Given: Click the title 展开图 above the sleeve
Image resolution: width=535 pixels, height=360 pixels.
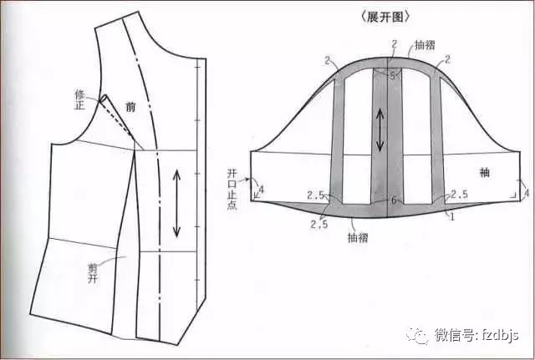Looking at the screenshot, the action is click(385, 17).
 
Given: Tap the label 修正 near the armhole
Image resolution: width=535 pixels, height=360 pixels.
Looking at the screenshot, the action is click(79, 99).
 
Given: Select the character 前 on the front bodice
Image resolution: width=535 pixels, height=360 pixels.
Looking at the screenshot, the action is click(130, 107).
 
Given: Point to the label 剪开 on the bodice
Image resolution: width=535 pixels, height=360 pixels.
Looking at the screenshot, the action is click(93, 273).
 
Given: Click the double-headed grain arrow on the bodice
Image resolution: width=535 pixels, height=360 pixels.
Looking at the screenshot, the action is click(176, 204).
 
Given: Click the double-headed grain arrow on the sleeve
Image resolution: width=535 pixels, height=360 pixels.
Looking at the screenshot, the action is click(380, 130).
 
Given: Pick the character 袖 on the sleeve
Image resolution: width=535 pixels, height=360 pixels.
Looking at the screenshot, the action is click(485, 172).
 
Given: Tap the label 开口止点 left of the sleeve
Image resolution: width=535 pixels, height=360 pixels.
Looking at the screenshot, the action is click(232, 190).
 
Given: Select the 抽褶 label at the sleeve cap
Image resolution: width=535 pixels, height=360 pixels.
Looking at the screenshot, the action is click(425, 45).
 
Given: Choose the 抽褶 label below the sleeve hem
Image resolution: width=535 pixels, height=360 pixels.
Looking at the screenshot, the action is click(358, 237).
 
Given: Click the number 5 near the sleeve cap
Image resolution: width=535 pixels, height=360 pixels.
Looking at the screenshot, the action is click(392, 76).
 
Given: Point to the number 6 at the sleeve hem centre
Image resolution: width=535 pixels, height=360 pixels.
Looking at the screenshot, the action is click(394, 200).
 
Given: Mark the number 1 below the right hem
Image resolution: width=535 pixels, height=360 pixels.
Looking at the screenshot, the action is click(452, 217).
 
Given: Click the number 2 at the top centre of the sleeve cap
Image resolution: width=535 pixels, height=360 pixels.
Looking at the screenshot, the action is click(395, 44).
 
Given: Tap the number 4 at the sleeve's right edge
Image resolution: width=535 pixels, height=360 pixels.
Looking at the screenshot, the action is click(527, 193).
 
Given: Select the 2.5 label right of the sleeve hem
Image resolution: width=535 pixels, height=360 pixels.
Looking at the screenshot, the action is click(459, 195).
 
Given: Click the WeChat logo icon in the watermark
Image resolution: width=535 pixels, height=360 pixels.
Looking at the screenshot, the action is click(418, 336).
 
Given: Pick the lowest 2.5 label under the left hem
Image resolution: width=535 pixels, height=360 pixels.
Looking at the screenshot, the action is click(319, 224).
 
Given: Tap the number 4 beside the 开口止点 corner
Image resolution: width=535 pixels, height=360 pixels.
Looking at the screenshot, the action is click(262, 189).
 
